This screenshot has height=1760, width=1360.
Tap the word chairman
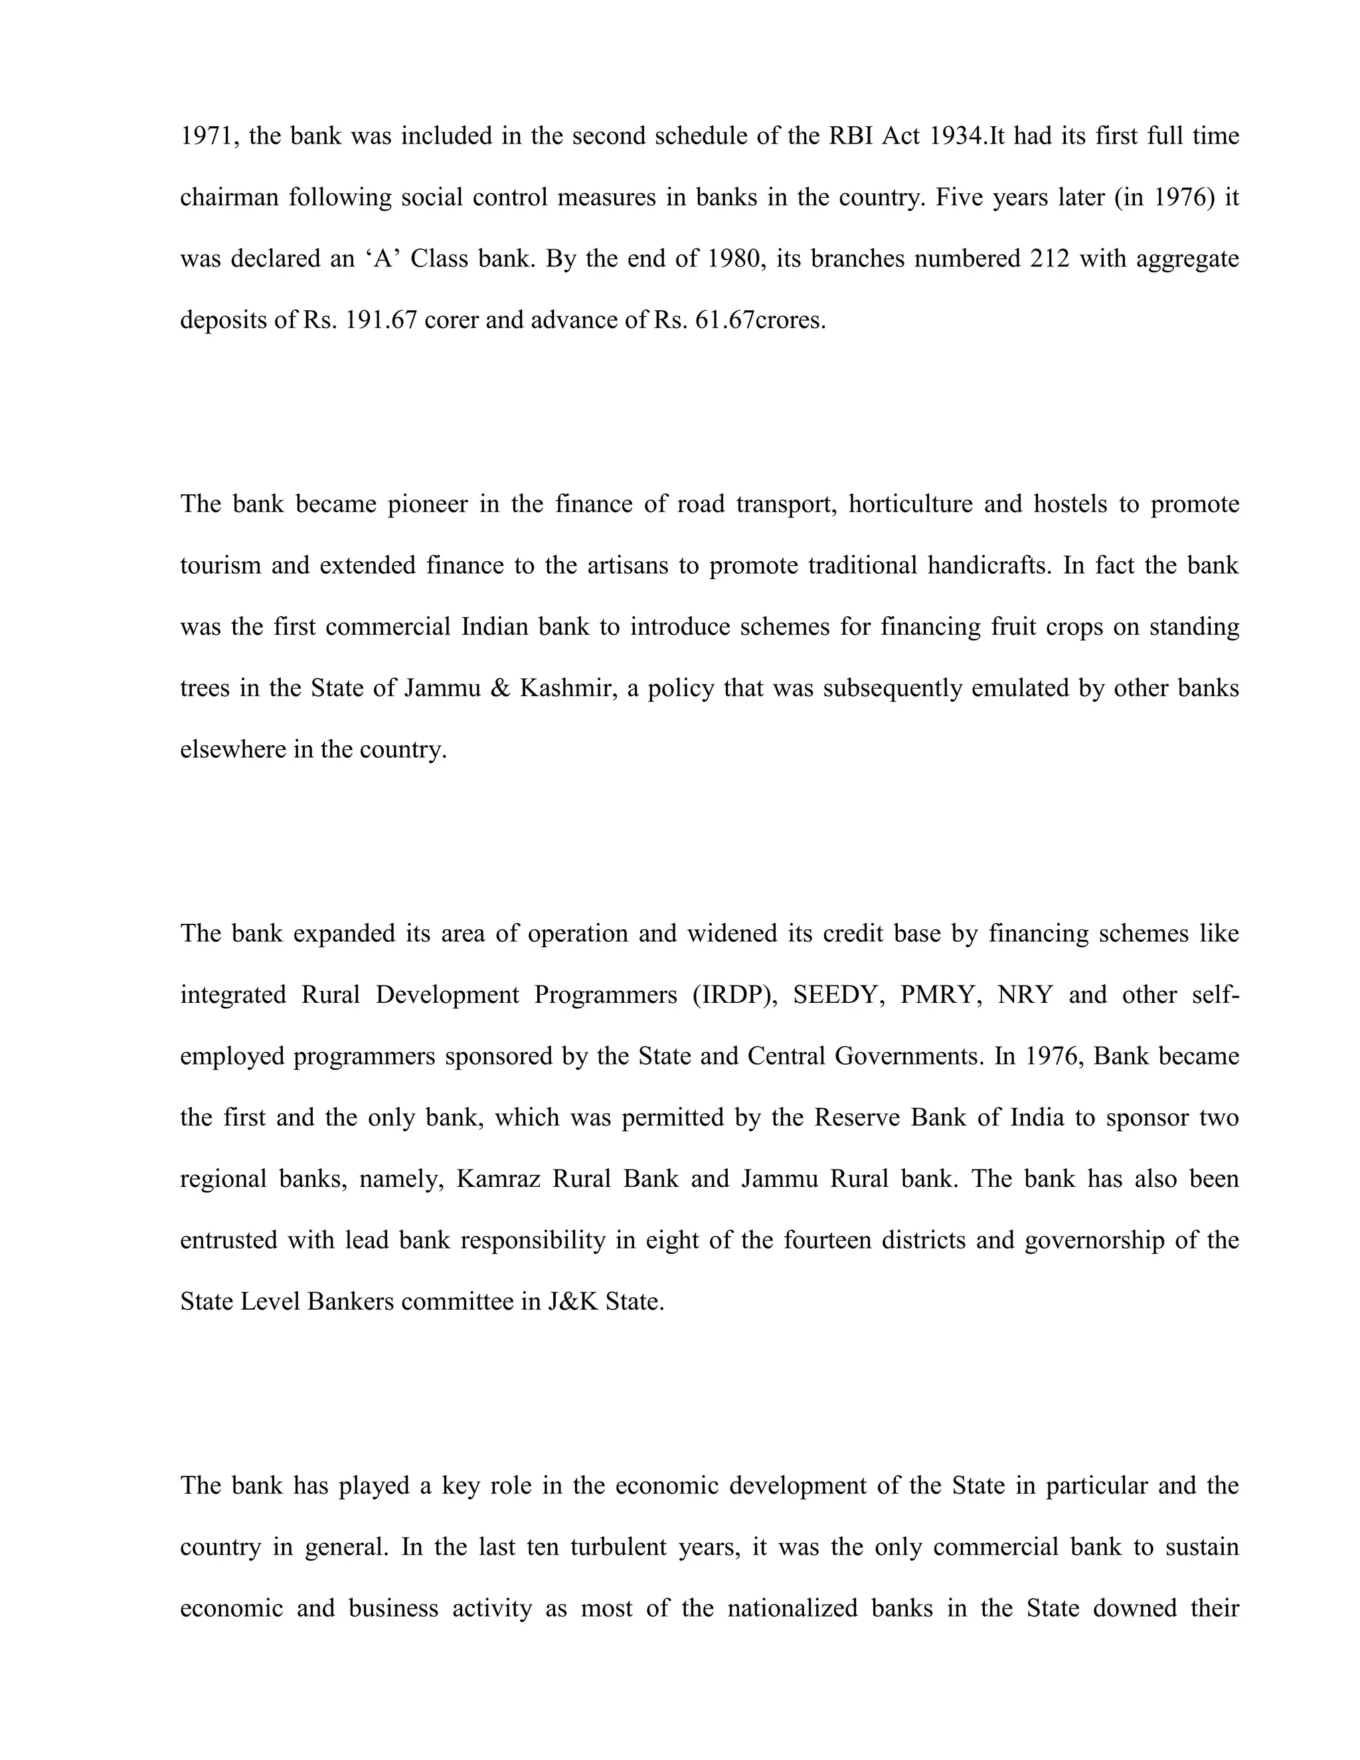pos(230,197)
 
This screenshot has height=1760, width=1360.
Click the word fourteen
pos(827,1239)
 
